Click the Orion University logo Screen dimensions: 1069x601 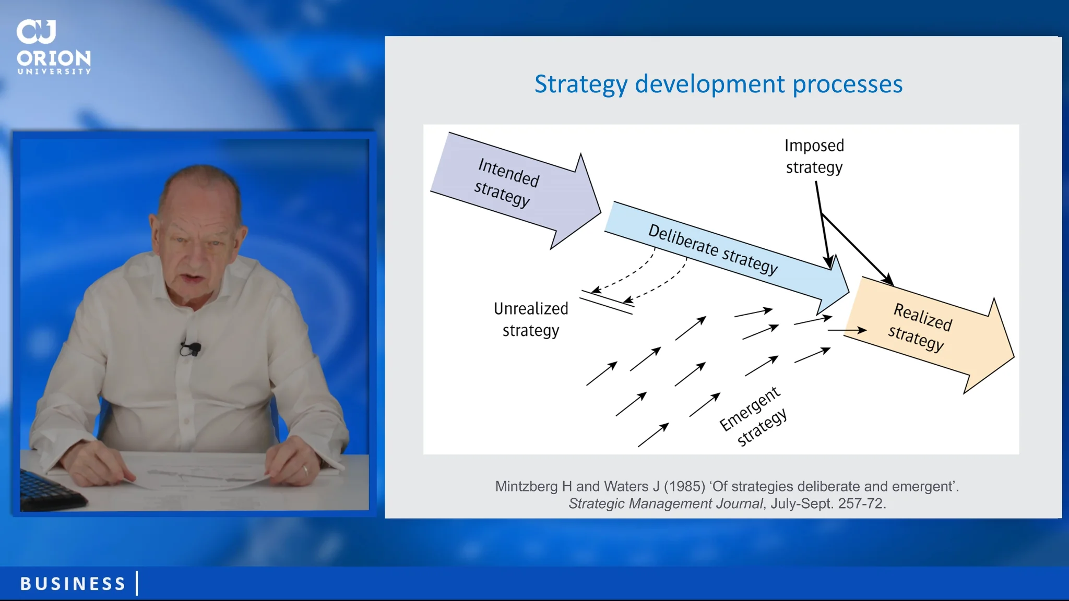54,47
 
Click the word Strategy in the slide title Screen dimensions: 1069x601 581,85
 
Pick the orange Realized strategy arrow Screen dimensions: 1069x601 929,334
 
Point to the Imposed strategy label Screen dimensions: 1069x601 814,156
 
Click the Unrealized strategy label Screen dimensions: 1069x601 531,319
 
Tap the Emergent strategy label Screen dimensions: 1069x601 753,416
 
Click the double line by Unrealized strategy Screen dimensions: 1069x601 607,303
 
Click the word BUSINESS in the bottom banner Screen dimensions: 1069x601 73,583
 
